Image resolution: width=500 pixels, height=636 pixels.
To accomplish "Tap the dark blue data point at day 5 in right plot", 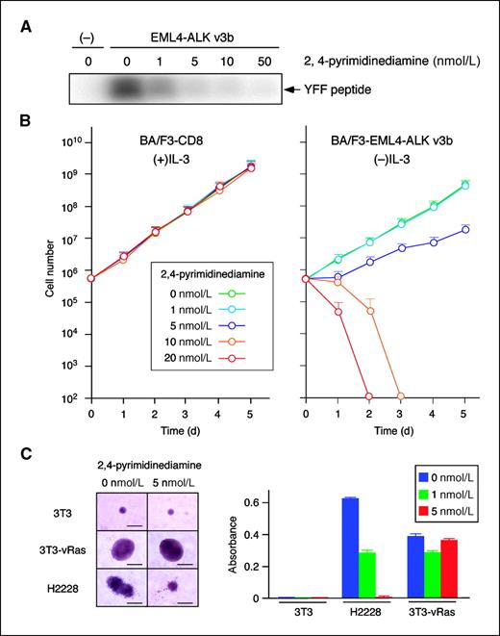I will click(464, 229).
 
